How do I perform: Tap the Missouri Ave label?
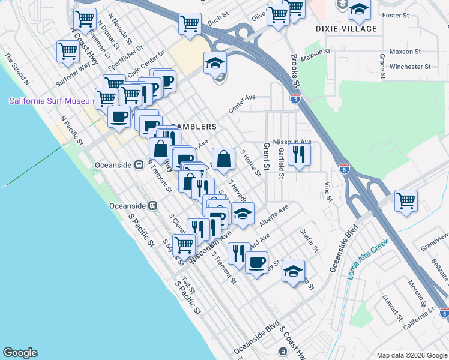click(x=292, y=142)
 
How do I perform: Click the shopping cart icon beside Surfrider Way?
click(x=67, y=51)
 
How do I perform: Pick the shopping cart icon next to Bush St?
click(x=190, y=24)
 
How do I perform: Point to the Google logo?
click(x=20, y=353)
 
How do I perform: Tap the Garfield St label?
click(x=281, y=164)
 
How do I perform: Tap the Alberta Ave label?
click(x=274, y=215)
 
